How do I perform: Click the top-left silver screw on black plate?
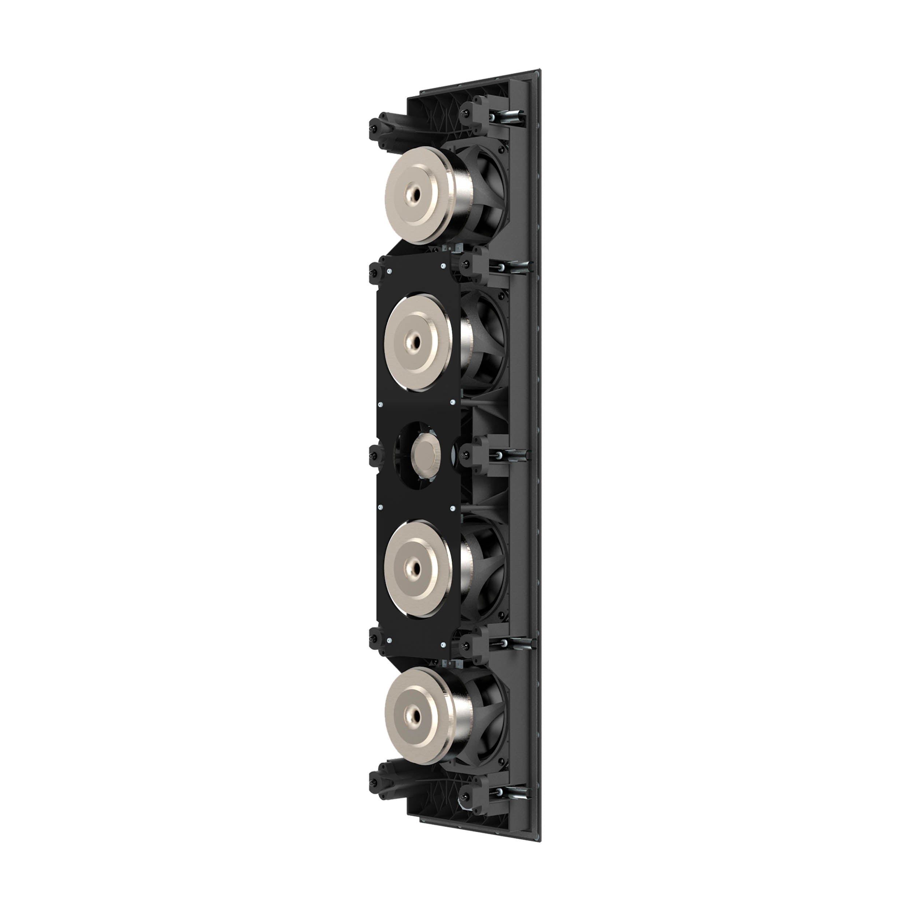(x=389, y=271)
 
